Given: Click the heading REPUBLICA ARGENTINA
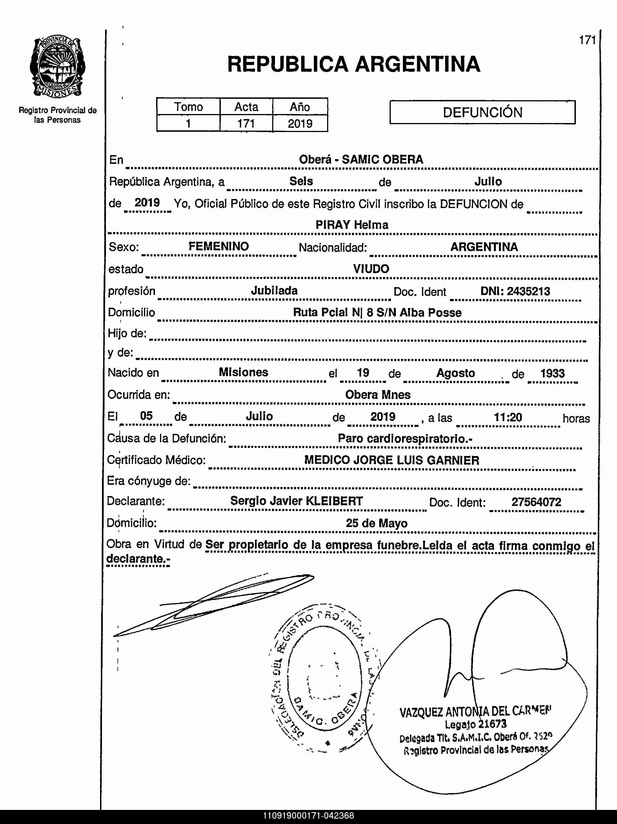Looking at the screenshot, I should [x=353, y=64].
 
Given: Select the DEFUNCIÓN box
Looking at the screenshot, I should [x=482, y=112].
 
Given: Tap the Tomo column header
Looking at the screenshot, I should [x=188, y=107].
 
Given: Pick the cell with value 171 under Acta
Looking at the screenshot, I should [x=246, y=123].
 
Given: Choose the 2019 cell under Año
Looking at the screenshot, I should [x=300, y=123].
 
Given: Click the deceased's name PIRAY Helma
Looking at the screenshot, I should [x=352, y=225].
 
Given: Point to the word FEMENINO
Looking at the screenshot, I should [x=218, y=246].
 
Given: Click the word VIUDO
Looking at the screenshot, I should [x=371, y=269].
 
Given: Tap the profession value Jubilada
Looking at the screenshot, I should [x=274, y=291].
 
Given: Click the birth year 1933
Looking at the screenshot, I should [x=552, y=373].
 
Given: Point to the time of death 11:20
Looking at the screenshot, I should [x=507, y=417].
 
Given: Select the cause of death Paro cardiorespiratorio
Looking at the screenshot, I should [x=405, y=438].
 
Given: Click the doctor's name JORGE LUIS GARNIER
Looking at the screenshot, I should [x=416, y=460].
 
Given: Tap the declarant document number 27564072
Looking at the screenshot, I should [x=536, y=502].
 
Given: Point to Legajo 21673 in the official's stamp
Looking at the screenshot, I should [x=475, y=724].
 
